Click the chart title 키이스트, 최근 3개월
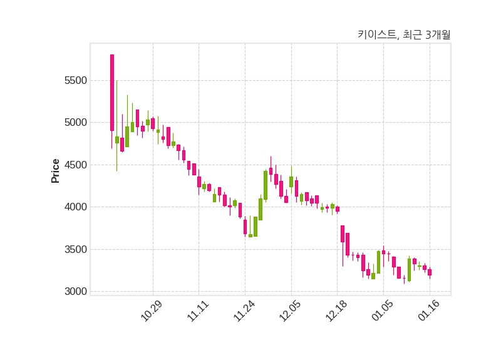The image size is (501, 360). pyautogui.click(x=403, y=35)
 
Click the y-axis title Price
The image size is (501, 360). pyautogui.click(x=56, y=171)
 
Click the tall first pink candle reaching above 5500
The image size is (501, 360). pyautogui.click(x=112, y=93)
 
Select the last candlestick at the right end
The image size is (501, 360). pyautogui.click(x=430, y=272)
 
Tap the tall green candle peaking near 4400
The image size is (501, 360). pyautogui.click(x=266, y=185)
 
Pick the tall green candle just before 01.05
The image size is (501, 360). pyautogui.click(x=378, y=262)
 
